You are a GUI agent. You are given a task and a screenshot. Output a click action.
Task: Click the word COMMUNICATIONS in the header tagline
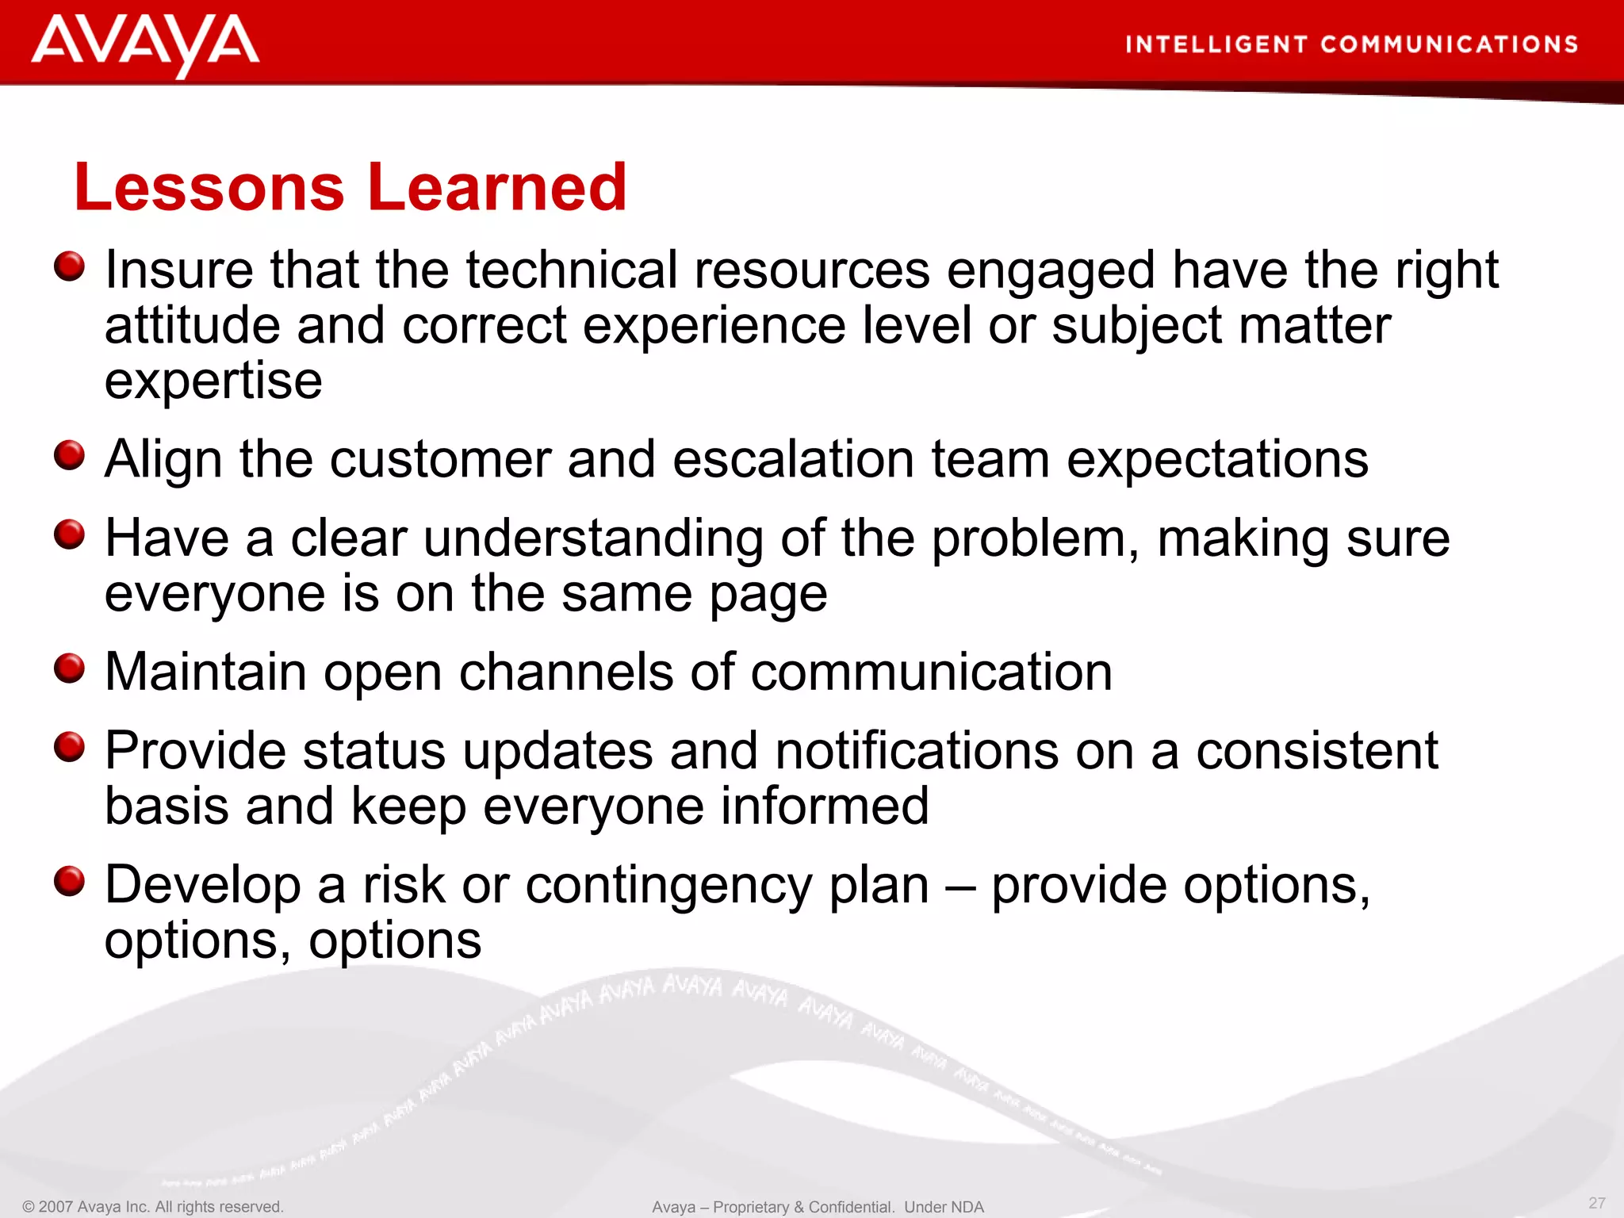point(1449,44)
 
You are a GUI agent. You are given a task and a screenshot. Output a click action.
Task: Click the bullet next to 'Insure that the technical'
point(70,266)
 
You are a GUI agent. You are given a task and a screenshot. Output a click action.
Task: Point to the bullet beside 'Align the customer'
point(70,456)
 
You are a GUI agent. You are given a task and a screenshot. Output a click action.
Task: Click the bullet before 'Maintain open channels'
point(70,668)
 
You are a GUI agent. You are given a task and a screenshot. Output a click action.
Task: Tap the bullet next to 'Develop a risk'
point(70,881)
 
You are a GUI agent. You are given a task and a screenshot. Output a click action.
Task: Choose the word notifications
point(916,751)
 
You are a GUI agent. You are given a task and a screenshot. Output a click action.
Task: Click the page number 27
point(1596,1203)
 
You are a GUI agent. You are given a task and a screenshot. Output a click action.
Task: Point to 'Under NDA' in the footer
point(944,1207)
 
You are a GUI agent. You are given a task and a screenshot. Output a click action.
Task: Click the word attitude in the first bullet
point(192,326)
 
